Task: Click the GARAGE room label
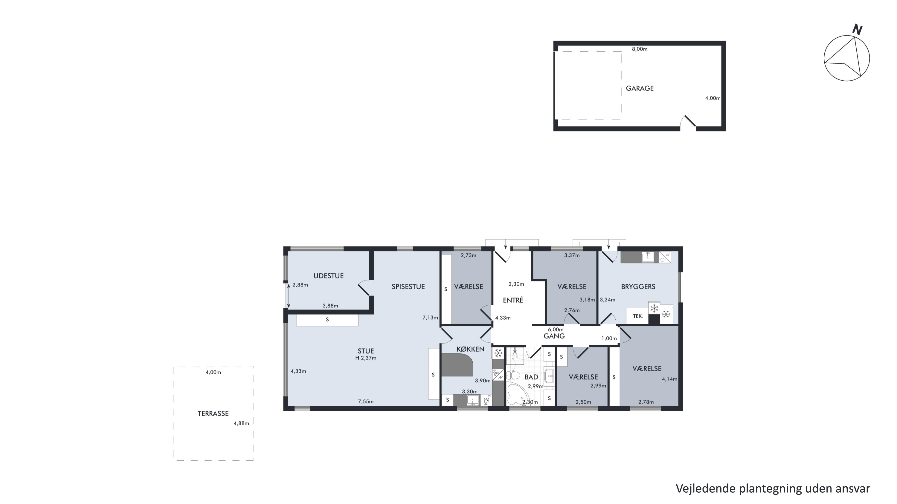pyautogui.click(x=640, y=88)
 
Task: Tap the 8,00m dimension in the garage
pyautogui.click(x=640, y=49)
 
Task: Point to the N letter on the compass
pyautogui.click(x=857, y=30)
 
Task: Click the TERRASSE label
pyautogui.click(x=213, y=413)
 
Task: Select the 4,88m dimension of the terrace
pyautogui.click(x=241, y=423)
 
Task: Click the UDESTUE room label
pyautogui.click(x=328, y=276)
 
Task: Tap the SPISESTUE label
pyautogui.click(x=408, y=287)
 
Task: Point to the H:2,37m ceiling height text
pyautogui.click(x=366, y=358)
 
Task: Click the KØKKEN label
pyautogui.click(x=470, y=349)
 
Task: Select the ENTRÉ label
pyautogui.click(x=513, y=300)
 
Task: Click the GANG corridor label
pyautogui.click(x=554, y=336)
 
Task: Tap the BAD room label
pyautogui.click(x=531, y=377)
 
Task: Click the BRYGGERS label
pyautogui.click(x=638, y=287)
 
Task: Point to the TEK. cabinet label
pyautogui.click(x=637, y=316)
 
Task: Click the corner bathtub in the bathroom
pyautogui.click(x=517, y=394)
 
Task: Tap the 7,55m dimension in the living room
pyautogui.click(x=366, y=402)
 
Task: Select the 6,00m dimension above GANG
pyautogui.click(x=556, y=330)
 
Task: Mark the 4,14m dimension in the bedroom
pyautogui.click(x=669, y=379)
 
